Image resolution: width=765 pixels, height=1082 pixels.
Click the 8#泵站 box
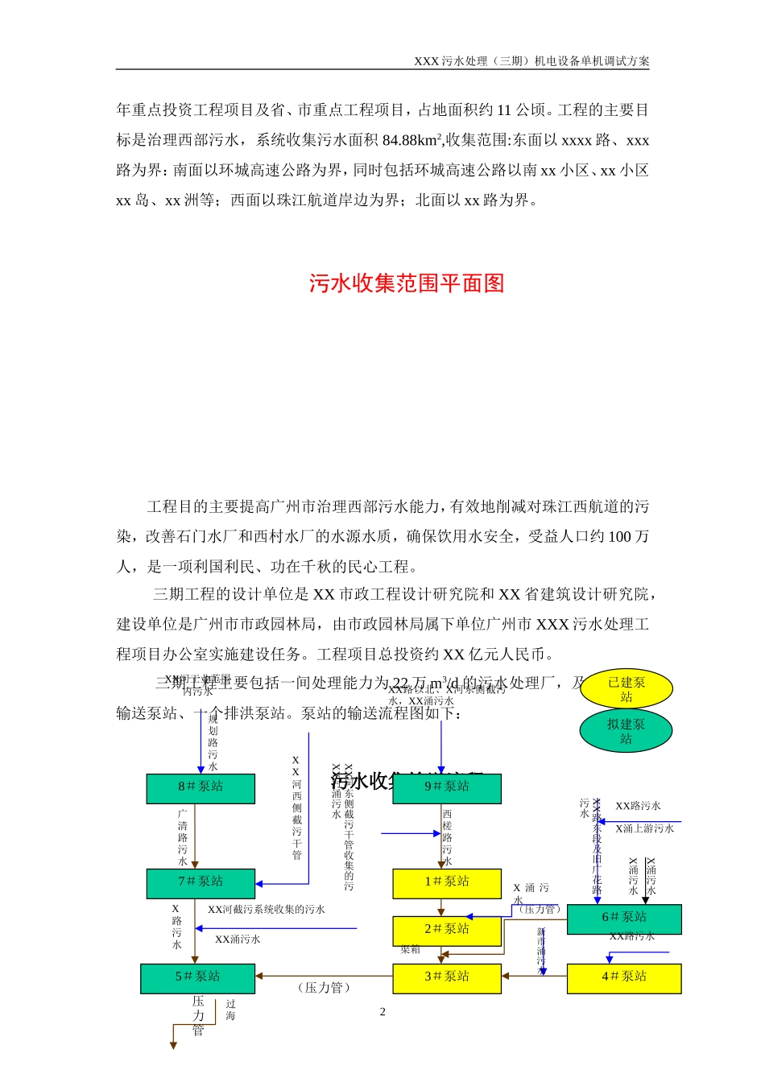tap(201, 788)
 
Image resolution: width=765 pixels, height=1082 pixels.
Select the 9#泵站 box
tap(447, 788)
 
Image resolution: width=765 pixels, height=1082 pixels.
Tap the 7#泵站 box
tap(201, 883)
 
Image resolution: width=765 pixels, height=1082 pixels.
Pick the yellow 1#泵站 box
tap(447, 883)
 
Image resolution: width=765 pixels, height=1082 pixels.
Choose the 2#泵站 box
tap(447, 931)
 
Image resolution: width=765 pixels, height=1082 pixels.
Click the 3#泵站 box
tap(447, 978)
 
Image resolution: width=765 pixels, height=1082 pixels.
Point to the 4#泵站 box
tap(624, 978)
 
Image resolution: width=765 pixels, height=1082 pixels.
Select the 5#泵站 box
tap(197, 978)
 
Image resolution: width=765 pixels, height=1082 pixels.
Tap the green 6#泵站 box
tap(624, 919)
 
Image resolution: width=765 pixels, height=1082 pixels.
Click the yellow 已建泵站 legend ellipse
tap(626, 689)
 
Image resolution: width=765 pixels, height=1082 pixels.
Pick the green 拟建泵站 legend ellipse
tap(626, 731)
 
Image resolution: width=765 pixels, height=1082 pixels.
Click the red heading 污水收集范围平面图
tap(407, 283)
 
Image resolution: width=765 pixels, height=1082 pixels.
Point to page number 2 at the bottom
tap(382, 1012)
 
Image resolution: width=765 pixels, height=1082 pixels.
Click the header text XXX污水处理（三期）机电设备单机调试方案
tap(531, 61)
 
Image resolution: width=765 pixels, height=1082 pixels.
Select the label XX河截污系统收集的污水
tap(267, 910)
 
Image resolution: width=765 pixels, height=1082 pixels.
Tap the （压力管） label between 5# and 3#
tap(324, 988)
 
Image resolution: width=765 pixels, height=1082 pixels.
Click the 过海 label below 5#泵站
tap(230, 1010)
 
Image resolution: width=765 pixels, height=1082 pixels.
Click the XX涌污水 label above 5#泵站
tap(238, 940)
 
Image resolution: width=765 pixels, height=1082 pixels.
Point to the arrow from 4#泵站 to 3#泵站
tap(534, 977)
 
